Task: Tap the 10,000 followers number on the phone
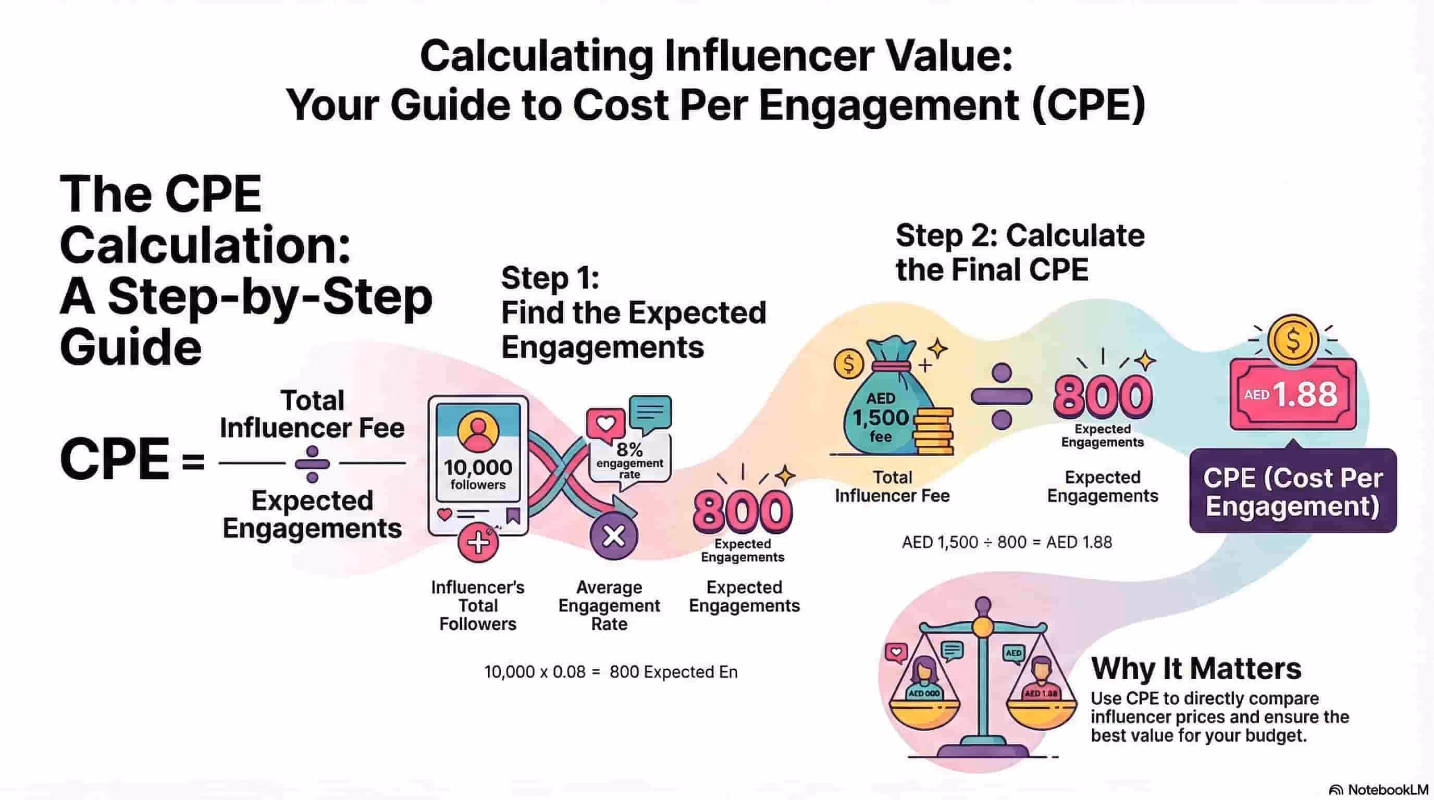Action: coord(478,468)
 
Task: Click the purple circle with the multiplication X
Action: coord(614,536)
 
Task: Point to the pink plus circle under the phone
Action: coord(478,544)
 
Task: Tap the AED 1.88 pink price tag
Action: coord(1293,394)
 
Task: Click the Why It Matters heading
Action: coord(1196,668)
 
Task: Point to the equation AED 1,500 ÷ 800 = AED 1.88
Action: coord(1007,542)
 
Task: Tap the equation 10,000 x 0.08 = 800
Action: coord(611,672)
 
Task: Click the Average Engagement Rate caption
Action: coord(609,605)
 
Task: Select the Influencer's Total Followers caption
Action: coord(478,605)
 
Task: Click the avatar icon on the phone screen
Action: coord(478,431)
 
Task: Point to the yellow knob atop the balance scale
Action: coord(983,626)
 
